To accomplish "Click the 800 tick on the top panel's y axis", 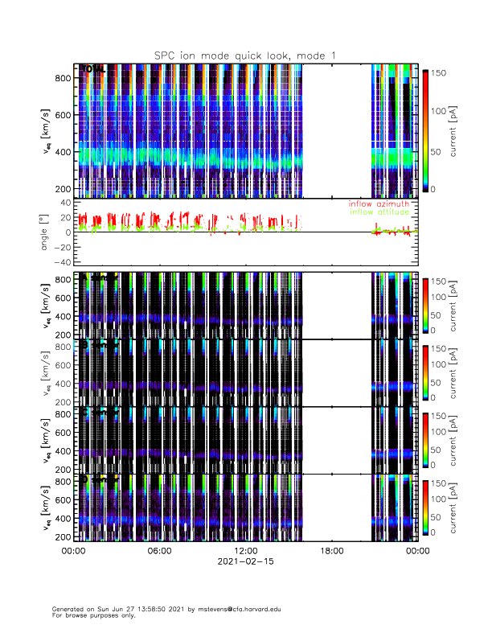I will pos(63,77).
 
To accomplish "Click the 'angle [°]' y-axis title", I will pos(46,232).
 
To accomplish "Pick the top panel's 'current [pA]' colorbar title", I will pos(456,129).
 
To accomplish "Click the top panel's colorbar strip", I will pos(426,129).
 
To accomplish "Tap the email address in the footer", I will pos(232,609).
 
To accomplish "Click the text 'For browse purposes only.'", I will pos(89,615).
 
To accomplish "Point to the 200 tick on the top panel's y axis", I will pos(63,188).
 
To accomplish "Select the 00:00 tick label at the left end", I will pos(73,551).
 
